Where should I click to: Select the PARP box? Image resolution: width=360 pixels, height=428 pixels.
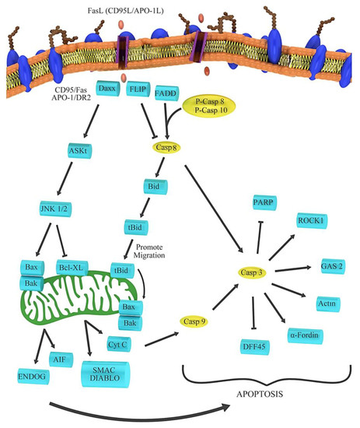click(x=263, y=204)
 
